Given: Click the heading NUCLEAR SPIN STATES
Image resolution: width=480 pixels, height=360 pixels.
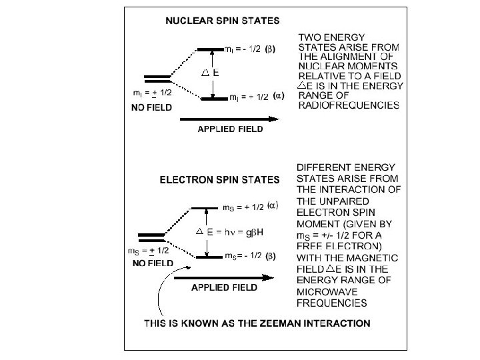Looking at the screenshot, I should tap(223, 21).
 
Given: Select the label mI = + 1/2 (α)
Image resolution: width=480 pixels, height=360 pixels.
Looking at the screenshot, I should tap(256, 97).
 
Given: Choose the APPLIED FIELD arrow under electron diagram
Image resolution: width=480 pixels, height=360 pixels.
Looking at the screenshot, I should tap(224, 278).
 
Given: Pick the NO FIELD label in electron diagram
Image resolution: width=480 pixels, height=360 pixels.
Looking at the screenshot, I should tap(152, 263).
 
